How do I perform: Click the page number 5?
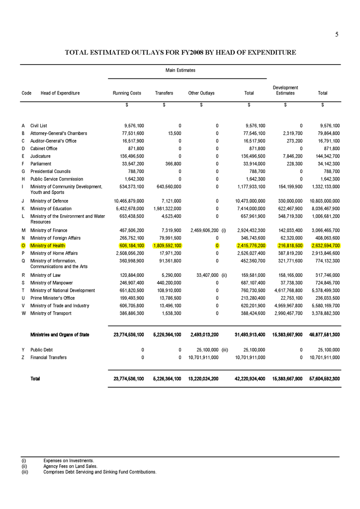click(337, 34)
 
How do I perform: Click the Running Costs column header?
click(127, 93)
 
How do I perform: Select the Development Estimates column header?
click(285, 90)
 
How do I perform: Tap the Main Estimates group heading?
click(180, 71)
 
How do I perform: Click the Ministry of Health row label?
click(47, 246)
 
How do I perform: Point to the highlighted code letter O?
click(23, 246)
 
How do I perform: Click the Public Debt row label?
click(44, 350)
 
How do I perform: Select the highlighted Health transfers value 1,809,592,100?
click(167, 246)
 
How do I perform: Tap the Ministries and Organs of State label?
click(60, 335)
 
